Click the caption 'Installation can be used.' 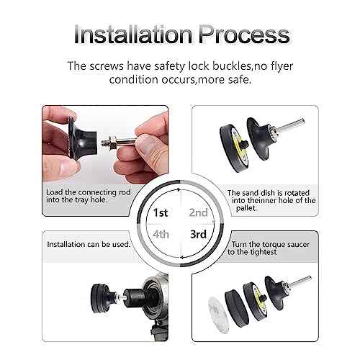coord(88,245)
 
